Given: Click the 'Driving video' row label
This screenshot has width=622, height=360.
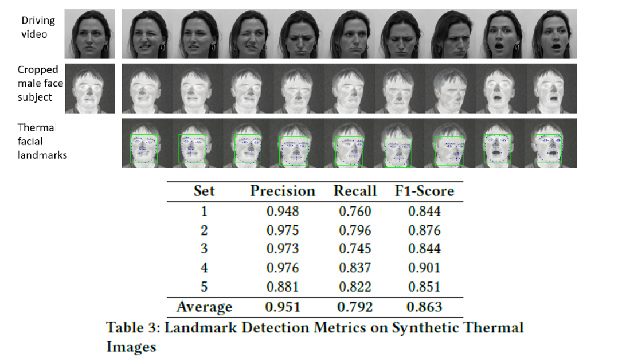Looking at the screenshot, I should [38, 26].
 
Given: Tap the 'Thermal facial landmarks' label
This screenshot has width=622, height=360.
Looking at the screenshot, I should [42, 141].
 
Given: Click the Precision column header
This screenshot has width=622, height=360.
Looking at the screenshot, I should [282, 191].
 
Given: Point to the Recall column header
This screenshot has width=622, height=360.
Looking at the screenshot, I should [355, 191].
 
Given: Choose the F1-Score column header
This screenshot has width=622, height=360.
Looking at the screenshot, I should [424, 191].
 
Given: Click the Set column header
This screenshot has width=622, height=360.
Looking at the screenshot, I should [204, 191].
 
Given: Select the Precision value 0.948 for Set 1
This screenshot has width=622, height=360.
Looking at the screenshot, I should [282, 212].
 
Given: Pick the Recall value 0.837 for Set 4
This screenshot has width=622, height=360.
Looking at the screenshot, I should [355, 268].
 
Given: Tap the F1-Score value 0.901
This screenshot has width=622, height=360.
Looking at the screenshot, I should [424, 268].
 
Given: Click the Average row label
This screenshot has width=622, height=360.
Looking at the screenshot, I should [204, 307].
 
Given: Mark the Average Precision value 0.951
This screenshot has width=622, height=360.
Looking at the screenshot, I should [282, 307].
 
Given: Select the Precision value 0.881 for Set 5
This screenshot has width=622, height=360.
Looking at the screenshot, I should [282, 287].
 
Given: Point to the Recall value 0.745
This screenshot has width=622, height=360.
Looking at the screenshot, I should [355, 249].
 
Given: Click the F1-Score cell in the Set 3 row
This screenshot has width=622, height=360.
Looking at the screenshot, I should [424, 249].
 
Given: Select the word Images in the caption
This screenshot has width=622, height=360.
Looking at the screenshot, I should [131, 347].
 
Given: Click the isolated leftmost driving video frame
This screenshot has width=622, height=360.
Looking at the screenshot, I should [90, 34].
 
